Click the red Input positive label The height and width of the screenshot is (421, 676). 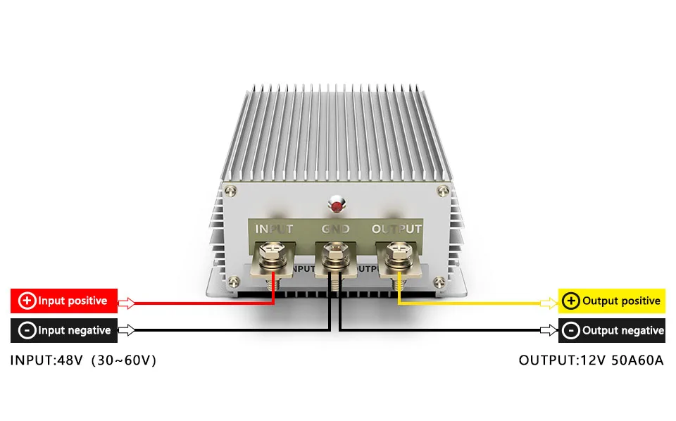click(64, 301)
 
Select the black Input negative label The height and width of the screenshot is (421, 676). click(64, 330)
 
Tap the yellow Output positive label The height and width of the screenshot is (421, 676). click(611, 301)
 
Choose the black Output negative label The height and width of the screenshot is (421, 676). click(611, 330)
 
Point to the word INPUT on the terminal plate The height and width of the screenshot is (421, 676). click(273, 229)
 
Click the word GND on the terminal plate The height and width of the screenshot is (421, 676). click(335, 229)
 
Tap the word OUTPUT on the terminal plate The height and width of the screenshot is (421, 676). click(396, 229)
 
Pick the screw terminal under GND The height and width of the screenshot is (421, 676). click(335, 254)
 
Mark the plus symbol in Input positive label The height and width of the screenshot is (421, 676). click(27, 301)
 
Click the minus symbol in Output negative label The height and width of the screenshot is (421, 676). click(572, 330)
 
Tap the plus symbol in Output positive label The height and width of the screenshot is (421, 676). click(572, 301)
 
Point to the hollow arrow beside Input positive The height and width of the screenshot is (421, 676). click(126, 303)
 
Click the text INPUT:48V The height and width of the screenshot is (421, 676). click(46, 360)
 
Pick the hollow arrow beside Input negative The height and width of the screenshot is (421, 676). click(126, 329)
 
